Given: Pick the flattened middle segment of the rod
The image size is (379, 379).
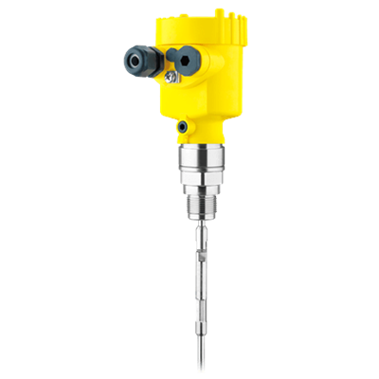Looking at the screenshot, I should pos(203,275).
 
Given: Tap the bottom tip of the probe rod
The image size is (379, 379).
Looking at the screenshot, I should pos(205,365).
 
